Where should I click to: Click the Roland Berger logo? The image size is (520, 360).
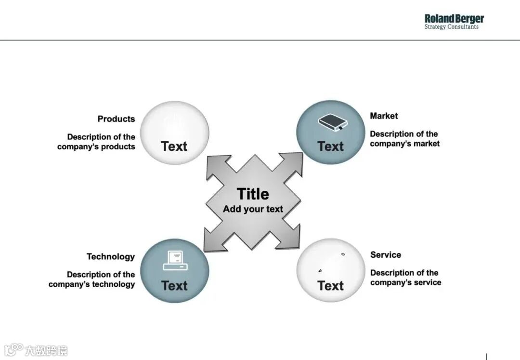click(x=454, y=22)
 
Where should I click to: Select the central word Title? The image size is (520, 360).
click(x=253, y=194)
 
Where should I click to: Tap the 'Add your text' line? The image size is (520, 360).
click(x=253, y=209)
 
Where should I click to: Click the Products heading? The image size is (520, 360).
click(x=116, y=119)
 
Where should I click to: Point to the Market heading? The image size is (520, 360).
click(x=384, y=116)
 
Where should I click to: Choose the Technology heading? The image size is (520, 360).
click(x=110, y=257)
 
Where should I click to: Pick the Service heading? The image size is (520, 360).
click(x=385, y=255)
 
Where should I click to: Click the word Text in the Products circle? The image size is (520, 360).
click(x=174, y=147)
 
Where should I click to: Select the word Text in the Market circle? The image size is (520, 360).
click(x=330, y=147)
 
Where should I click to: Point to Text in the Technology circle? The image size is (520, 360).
click(x=174, y=286)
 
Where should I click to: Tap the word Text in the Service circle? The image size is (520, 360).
click(x=330, y=286)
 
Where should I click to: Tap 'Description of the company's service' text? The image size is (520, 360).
click(x=405, y=278)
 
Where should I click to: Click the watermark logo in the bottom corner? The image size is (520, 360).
click(x=36, y=350)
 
